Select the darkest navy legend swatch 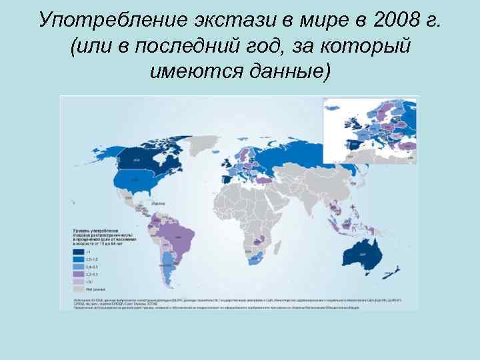coord(78,252)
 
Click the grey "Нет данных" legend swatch coord(78,287)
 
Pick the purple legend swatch coord(78,273)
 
